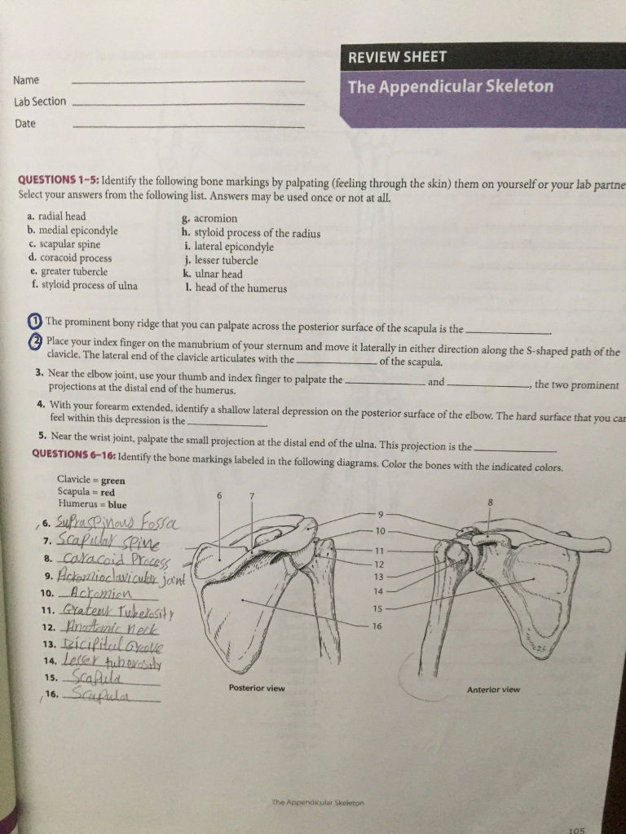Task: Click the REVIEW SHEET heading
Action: (x=398, y=57)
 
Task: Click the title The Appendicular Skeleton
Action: (x=450, y=87)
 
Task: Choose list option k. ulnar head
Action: (x=214, y=274)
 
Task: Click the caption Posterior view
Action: (x=257, y=688)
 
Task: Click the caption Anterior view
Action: (x=493, y=690)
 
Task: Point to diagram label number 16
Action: (x=377, y=626)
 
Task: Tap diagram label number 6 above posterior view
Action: (x=218, y=496)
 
